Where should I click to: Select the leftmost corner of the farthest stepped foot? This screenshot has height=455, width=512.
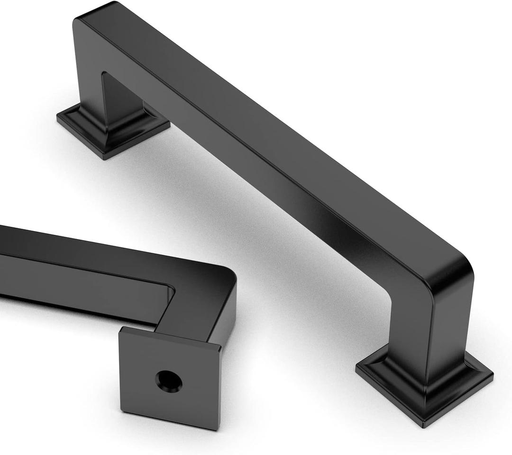[57, 118]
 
